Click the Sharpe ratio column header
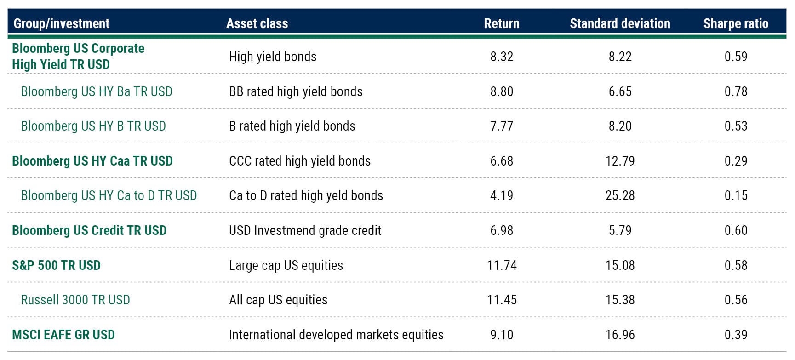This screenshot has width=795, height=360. coord(735,23)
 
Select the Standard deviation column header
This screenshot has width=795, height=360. coord(619,23)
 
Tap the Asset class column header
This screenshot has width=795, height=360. coord(257,23)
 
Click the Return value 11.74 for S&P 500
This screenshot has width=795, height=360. coord(502,265)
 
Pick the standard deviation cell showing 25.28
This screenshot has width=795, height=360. coord(620,195)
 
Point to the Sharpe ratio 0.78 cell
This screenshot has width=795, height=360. coord(736,91)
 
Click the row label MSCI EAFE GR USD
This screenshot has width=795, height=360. coord(63,335)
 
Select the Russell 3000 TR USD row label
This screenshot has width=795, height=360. coord(75,300)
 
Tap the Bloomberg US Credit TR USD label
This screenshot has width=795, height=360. coord(89,230)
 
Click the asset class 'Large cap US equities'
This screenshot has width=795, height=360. coord(286,265)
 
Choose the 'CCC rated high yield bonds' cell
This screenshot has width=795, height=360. coord(300,161)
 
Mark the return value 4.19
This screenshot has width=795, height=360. coord(502,195)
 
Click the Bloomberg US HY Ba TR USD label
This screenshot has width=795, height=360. coord(97,91)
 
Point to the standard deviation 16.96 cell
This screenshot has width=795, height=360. coord(620,335)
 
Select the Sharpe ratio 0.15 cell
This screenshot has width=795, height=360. coord(736,195)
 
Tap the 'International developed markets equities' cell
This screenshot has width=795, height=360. coord(336,335)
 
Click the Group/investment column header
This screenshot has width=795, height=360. coord(62,23)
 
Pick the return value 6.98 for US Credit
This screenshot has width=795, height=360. coord(502,230)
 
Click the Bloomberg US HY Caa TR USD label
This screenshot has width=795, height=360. coord(92,161)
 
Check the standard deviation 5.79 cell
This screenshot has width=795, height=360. coord(620,230)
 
